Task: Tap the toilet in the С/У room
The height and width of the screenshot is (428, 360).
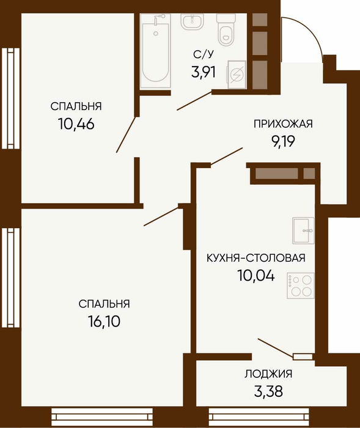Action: coord(226,29)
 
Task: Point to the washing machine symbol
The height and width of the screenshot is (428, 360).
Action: coord(237,75)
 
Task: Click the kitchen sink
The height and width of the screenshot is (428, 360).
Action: coord(303,231)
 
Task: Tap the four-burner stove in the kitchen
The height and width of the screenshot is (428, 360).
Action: coord(301,286)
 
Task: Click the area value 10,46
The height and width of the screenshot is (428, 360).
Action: coord(76,124)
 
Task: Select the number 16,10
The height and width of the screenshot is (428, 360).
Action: coord(104,322)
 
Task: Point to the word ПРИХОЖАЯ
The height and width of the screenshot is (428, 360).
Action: coord(283,124)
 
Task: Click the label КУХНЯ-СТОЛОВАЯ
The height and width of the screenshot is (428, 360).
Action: coord(255,258)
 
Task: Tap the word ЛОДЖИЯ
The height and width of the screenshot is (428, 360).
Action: coord(268,374)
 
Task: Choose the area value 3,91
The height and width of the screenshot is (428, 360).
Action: coord(204,73)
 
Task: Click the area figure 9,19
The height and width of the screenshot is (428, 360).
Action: coord(283,141)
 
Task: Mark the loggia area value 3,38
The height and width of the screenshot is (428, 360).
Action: coord(268,391)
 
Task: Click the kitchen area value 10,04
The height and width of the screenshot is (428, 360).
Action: coord(256,275)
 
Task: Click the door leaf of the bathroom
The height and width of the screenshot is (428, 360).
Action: coord(194,101)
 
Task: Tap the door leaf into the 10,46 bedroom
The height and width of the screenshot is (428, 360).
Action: coord(126,135)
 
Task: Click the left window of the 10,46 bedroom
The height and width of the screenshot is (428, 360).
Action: coord(11,98)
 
